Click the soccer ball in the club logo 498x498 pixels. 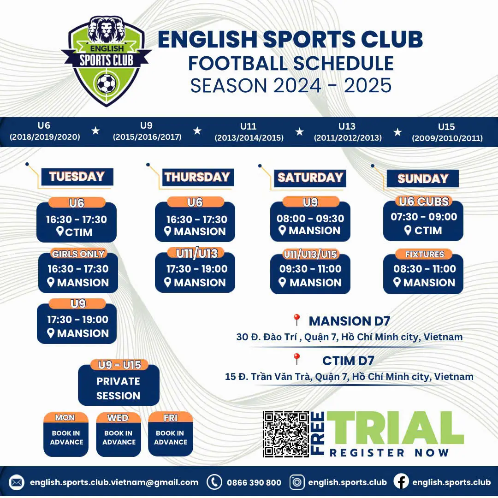coord(107,83)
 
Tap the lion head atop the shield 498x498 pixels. coord(106,30)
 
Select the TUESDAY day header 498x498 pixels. coord(77,177)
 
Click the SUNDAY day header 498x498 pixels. coord(423,178)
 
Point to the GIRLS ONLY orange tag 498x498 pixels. coord(78,254)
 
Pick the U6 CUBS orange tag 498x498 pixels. coord(424,201)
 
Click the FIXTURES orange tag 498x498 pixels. coord(424,254)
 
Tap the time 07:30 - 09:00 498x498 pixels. coord(424,217)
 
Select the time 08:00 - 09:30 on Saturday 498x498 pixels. coord(310,219)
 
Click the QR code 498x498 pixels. coord(286,434)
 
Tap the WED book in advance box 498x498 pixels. coord(119,434)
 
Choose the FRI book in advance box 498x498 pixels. coord(171,434)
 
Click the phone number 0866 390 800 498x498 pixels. coord(254,483)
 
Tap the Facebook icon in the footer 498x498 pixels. coord(401,482)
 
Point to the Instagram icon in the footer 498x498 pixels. coord(297,482)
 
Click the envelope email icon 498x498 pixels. coord(17,482)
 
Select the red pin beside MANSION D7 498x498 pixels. coord(296,320)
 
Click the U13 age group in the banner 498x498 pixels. coord(348,132)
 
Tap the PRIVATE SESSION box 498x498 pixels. coord(119,385)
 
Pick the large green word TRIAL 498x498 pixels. coord(395,428)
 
